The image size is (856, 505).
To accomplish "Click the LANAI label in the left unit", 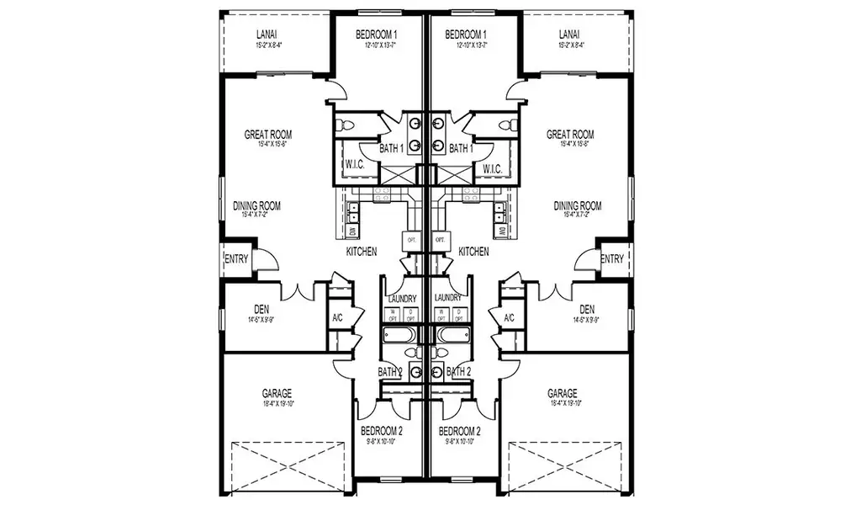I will coord(267,35).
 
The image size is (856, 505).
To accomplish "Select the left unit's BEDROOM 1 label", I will coord(377,35).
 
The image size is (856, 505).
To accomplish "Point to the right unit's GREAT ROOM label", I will coord(570,134).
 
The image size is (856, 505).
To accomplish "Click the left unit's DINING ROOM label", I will coord(256,205).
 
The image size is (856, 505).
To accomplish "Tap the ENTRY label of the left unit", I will coord(236,259).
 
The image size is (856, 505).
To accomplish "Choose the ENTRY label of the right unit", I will coord(612,259).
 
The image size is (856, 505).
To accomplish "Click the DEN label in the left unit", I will coord(261,309).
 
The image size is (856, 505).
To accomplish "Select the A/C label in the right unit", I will coord(509,318).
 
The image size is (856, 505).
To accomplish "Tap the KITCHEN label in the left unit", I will coord(361,251).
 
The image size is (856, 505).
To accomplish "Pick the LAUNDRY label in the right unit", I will coord(447,298).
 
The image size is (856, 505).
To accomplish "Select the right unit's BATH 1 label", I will coord(461,149).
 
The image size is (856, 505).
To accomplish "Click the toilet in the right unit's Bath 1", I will coord(507,125).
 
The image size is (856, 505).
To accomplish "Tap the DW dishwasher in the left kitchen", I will coord(352,230).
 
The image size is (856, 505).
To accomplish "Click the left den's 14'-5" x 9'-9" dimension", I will coord(261,320).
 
